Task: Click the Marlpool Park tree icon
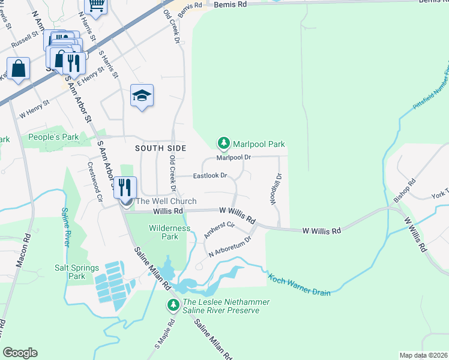coord(224,143)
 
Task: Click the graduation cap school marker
coord(142,95)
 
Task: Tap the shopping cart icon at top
coord(95,5)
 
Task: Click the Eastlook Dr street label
coord(209,176)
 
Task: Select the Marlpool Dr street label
coord(233,157)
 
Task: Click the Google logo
coord(20,353)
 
